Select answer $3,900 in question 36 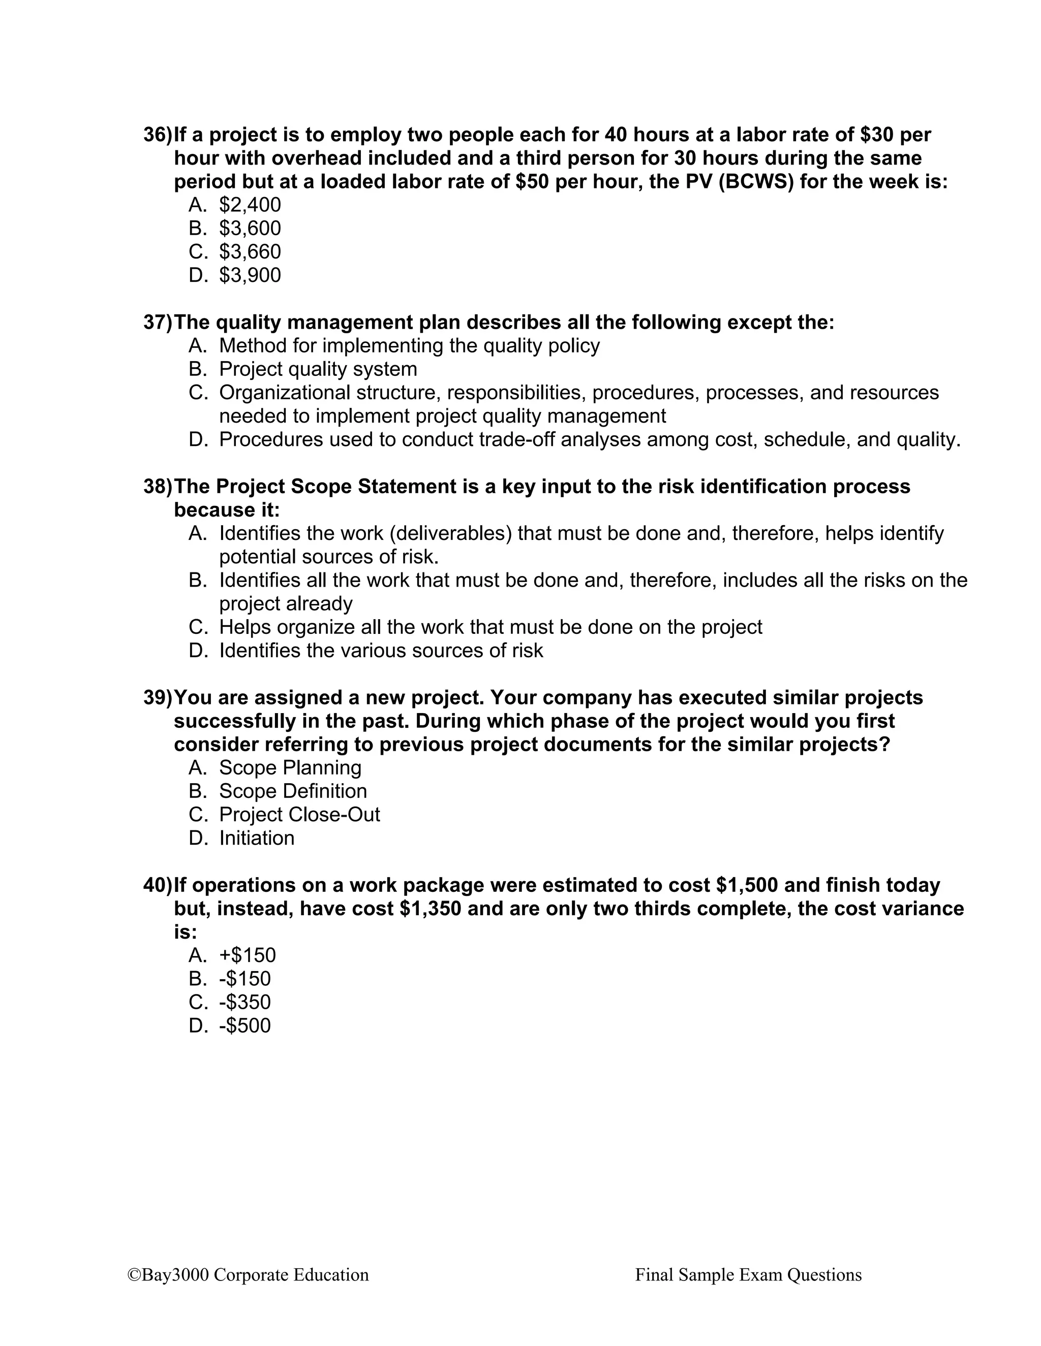[x=249, y=275]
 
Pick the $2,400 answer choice [x=249, y=205]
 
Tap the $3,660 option [x=249, y=251]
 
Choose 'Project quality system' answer [x=318, y=369]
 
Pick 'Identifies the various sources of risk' [x=381, y=650]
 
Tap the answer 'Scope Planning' [x=290, y=767]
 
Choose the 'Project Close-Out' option [x=299, y=814]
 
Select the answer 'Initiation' [x=257, y=838]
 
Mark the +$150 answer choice [x=248, y=955]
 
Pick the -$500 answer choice [x=245, y=1025]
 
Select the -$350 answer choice [x=245, y=1002]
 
